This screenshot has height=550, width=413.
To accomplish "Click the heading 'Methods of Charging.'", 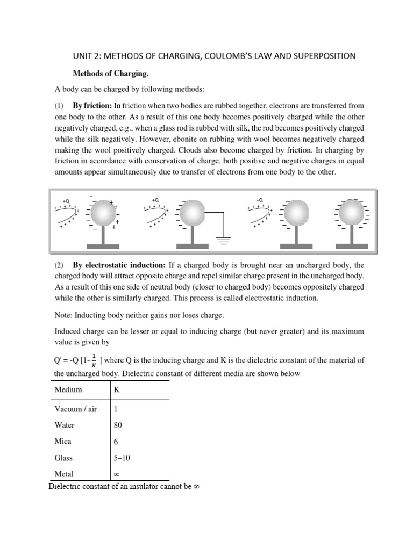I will (106, 73).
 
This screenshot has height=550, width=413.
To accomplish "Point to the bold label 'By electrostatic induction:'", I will (119, 265).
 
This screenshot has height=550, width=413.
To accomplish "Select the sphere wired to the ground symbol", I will (192, 213).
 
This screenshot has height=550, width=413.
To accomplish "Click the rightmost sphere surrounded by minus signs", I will (350, 213).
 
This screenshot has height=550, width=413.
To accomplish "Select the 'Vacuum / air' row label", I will (76, 409).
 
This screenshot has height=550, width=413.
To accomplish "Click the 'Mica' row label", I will (63, 442).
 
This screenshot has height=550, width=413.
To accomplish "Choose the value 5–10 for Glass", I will (123, 458).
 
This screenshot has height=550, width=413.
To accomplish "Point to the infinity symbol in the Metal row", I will (117, 474).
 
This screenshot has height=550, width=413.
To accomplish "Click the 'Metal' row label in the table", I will (64, 474).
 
